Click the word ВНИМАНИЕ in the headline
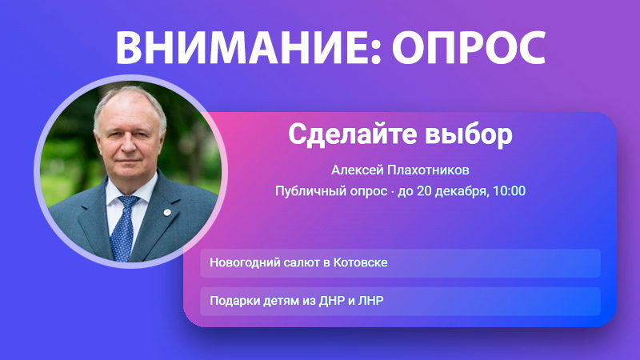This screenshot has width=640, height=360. point(243,47)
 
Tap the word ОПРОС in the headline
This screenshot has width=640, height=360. point(469,47)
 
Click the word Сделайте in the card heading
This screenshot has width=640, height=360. point(354,134)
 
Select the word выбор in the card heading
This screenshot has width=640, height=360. point(469,134)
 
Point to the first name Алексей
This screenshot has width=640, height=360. point(356,170)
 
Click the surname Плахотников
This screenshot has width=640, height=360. point(429,170)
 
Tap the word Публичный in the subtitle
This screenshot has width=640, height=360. point(306,190)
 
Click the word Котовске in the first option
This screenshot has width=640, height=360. point(361,262)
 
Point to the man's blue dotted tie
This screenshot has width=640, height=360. point(124,227)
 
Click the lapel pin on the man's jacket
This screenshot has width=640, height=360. point(167,212)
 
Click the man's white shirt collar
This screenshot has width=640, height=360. point(130,196)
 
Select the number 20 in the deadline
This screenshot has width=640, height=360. point(424,190)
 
